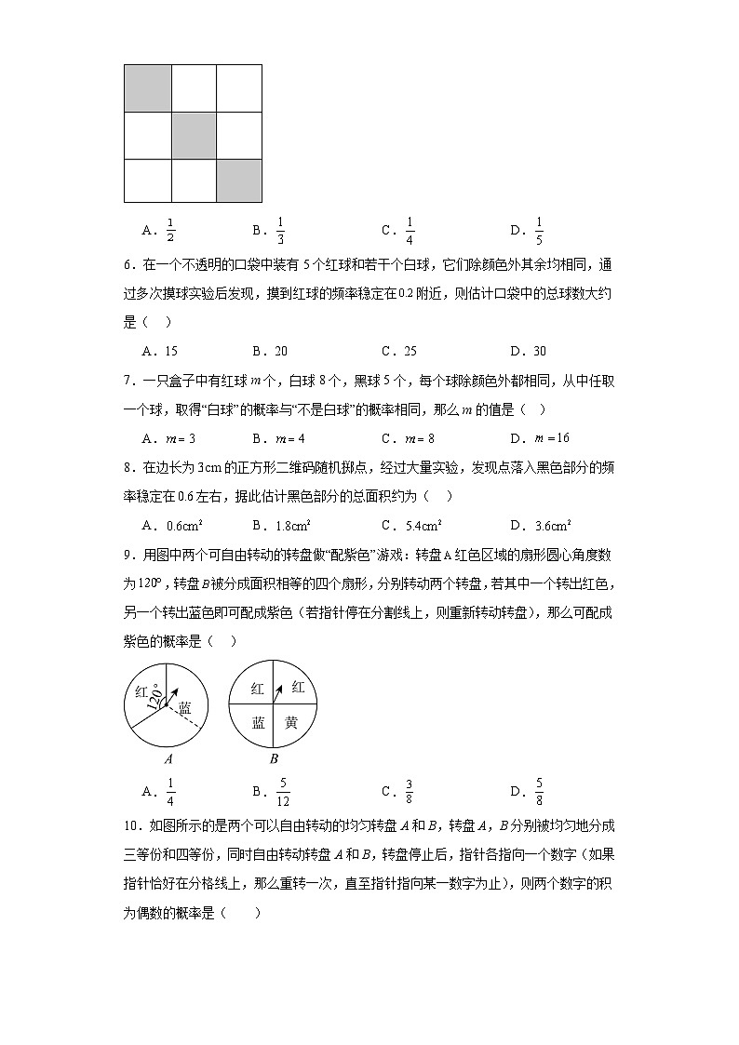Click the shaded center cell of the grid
point(193,134)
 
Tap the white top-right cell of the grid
point(238,87)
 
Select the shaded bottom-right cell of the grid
point(238,180)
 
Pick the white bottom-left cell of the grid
point(147,180)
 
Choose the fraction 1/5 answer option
point(539,230)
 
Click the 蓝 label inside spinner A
point(185,708)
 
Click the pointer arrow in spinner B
point(278,692)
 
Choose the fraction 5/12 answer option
point(283,792)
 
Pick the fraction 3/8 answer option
point(410,792)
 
